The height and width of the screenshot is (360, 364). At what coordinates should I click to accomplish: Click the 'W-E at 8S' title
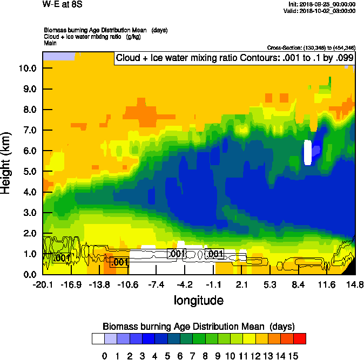coord(62,5)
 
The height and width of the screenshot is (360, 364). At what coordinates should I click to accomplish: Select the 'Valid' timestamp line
coord(322,11)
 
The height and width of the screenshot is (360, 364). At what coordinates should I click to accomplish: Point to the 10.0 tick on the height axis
coord(27,69)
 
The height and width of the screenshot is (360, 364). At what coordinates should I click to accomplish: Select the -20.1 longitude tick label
coord(43,285)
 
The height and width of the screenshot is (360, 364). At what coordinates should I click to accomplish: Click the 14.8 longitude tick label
coord(355,285)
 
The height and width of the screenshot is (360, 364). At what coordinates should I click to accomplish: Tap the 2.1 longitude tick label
coord(241,285)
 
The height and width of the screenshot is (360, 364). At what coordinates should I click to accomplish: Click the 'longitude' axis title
coord(198,300)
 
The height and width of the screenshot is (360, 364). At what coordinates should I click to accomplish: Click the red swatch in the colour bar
coord(300,339)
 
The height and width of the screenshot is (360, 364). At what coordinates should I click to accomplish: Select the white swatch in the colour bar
coord(98,339)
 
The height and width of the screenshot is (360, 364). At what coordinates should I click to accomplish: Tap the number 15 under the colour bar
coord(293,356)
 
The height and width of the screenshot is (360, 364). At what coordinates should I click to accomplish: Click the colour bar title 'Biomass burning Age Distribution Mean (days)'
coord(198,327)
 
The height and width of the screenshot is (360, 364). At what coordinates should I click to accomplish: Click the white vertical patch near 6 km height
coord(308,152)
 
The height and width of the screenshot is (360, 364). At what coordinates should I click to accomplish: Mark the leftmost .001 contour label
coord(62,259)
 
